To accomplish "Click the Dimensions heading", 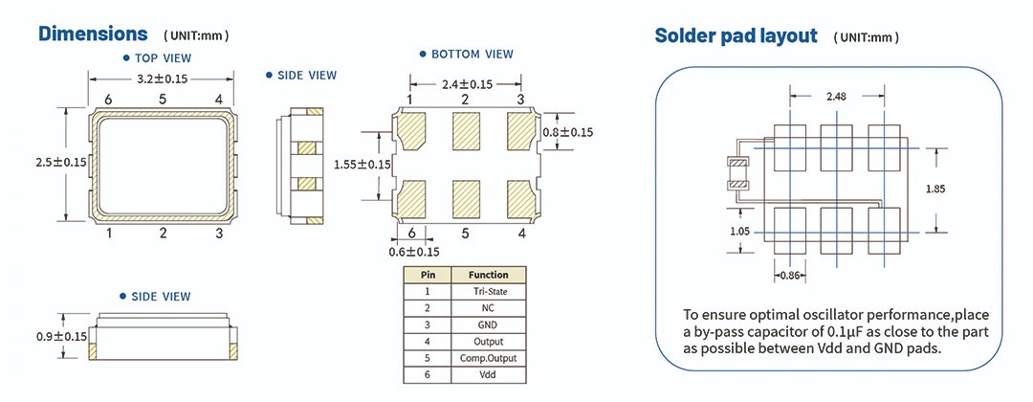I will point(92,34).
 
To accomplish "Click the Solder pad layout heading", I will point(736,36).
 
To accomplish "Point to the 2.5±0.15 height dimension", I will point(60,163).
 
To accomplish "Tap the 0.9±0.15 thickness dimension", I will point(60,336).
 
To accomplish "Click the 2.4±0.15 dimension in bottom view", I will point(467,84).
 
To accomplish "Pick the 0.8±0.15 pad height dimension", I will point(568,132).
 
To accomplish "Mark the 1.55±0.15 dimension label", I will point(363,165).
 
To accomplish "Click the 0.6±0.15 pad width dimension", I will point(413,252).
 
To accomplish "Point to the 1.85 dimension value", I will point(935,190).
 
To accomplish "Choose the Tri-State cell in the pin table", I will point(488,291).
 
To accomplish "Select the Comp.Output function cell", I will point(488,357).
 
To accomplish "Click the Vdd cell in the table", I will point(488,374).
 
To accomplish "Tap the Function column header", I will point(488,274).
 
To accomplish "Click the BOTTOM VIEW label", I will point(472,55).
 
